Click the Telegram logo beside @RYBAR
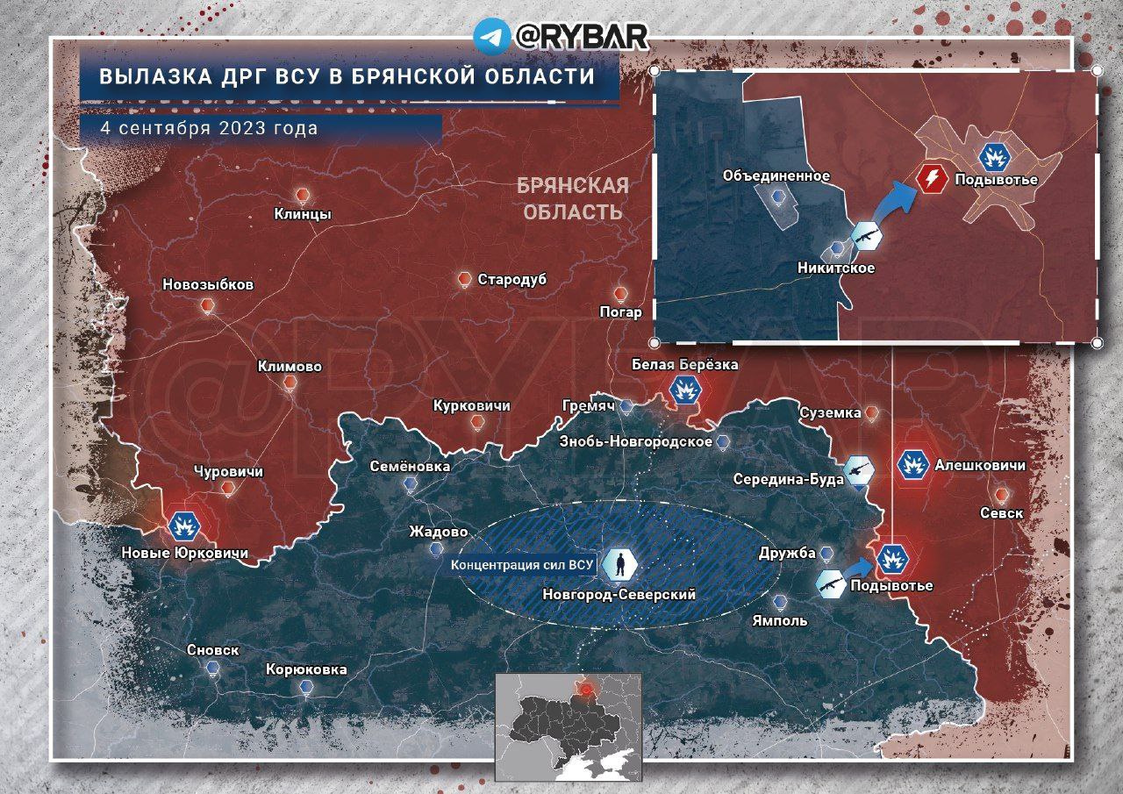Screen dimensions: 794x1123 pyautogui.click(x=491, y=36)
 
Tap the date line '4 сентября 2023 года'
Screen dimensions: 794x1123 pyautogui.click(x=209, y=127)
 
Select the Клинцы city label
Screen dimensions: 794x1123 pyautogui.click(x=302, y=213)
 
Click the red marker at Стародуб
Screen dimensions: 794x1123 pyautogui.click(x=464, y=280)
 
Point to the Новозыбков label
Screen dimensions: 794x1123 pyautogui.click(x=208, y=285)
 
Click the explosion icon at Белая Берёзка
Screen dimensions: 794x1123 pyautogui.click(x=684, y=390)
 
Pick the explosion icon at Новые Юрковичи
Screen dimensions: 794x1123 pyautogui.click(x=185, y=526)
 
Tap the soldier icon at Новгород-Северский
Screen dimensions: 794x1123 pyautogui.click(x=619, y=565)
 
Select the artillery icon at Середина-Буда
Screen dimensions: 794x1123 pyautogui.click(x=858, y=471)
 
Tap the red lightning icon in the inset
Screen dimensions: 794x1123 pyautogui.click(x=932, y=179)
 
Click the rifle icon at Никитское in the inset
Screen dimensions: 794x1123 pyautogui.click(x=867, y=237)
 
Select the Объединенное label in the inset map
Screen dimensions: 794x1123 pyautogui.click(x=776, y=175)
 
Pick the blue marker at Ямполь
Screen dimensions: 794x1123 pyautogui.click(x=780, y=603)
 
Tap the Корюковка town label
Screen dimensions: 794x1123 pyautogui.click(x=306, y=669)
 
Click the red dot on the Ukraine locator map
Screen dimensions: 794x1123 pyautogui.click(x=588, y=690)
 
